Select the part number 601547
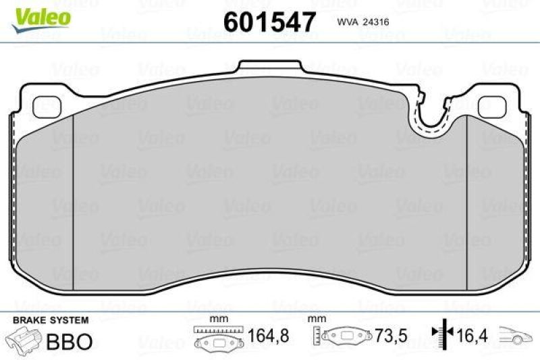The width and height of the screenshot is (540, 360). [x=269, y=22]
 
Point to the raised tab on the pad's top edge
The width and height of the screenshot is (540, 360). [x=271, y=67]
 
